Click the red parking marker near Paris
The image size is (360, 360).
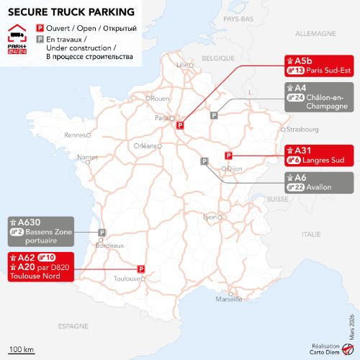(181, 125)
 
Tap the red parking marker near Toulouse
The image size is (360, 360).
(142, 269)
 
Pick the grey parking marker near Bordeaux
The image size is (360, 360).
(102, 233)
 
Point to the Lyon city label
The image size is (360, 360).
(210, 217)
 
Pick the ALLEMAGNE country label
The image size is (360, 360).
(315, 34)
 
